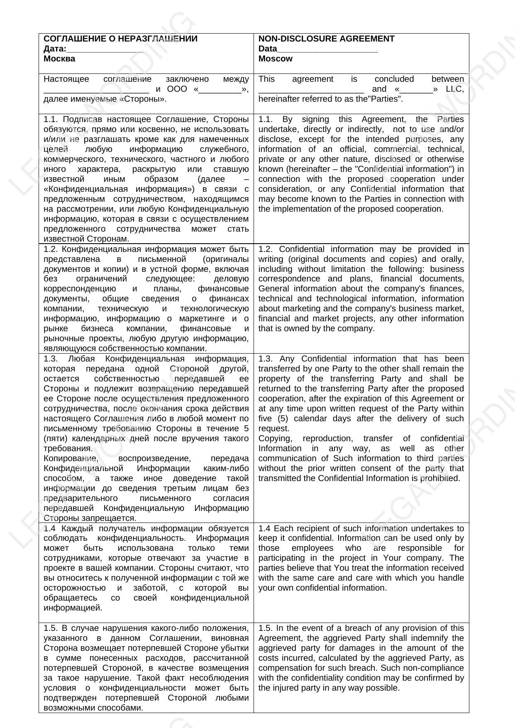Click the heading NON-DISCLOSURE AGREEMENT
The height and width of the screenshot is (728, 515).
(326, 39)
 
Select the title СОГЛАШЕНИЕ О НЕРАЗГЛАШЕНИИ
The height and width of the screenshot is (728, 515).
(120, 39)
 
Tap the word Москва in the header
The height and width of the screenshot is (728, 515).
(59, 59)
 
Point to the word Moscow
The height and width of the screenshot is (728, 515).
(275, 59)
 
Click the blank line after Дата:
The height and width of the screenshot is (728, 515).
(105, 49)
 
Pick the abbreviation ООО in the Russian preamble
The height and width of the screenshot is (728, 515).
(177, 89)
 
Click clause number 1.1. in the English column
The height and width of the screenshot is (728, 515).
(266, 120)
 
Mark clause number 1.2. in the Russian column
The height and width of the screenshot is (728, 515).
(51, 249)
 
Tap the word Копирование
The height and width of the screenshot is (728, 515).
(71, 459)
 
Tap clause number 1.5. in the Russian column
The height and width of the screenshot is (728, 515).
(51, 628)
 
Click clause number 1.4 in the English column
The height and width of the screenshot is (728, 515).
(265, 528)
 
